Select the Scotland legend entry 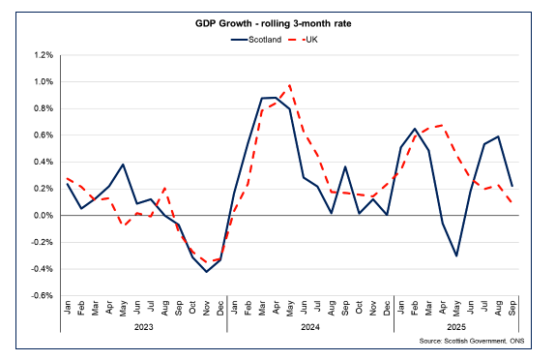coord(256,40)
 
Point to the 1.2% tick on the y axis coord(44,55)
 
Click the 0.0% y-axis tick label coord(44,216)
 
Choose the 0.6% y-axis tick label coord(44,135)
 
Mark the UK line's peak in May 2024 coord(290,85)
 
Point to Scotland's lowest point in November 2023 coord(206,272)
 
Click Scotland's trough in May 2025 coord(456,256)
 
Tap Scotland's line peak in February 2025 coord(415,129)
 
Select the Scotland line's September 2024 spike coord(345,166)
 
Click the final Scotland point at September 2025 coord(511,186)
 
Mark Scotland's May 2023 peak coord(123,165)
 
